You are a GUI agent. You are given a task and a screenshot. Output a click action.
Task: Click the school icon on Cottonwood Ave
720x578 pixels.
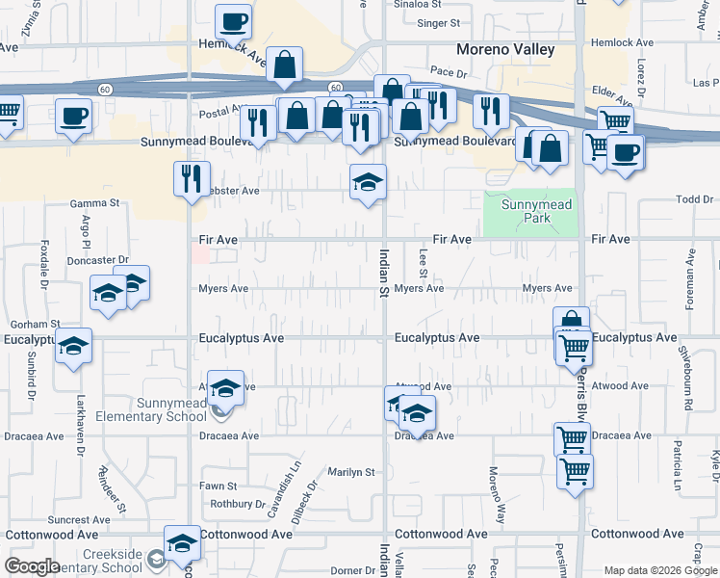click(182, 542)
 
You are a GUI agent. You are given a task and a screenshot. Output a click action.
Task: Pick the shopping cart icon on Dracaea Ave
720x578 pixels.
click(573, 438)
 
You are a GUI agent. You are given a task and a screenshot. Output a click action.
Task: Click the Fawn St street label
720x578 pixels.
click(219, 486)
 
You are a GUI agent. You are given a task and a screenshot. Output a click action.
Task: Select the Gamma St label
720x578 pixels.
click(95, 203)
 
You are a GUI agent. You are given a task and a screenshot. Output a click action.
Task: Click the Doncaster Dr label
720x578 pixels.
click(97, 260)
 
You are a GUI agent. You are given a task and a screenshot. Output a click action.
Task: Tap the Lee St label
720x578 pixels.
click(424, 258)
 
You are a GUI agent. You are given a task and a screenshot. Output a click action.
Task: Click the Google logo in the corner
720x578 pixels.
click(33, 567)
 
